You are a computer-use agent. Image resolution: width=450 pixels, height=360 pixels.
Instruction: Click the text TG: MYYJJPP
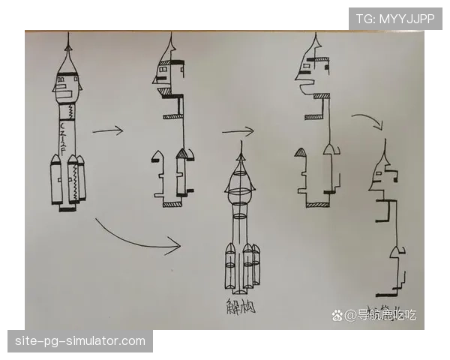pos(395,18)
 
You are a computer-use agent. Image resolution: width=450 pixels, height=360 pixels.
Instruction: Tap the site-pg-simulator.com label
pos(80,342)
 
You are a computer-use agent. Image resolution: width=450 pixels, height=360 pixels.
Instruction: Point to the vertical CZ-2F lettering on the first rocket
pos(64,135)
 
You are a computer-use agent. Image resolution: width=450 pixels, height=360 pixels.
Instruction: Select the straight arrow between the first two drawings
pos(107,131)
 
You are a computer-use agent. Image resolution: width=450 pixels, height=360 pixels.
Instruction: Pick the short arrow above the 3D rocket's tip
pos(238,131)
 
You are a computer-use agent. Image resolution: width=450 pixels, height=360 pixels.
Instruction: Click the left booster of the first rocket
pos(55,182)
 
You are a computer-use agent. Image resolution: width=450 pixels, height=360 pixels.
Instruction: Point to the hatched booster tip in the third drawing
pos(300,153)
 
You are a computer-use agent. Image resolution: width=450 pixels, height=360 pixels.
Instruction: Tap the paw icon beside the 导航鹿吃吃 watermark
pos(339,315)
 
